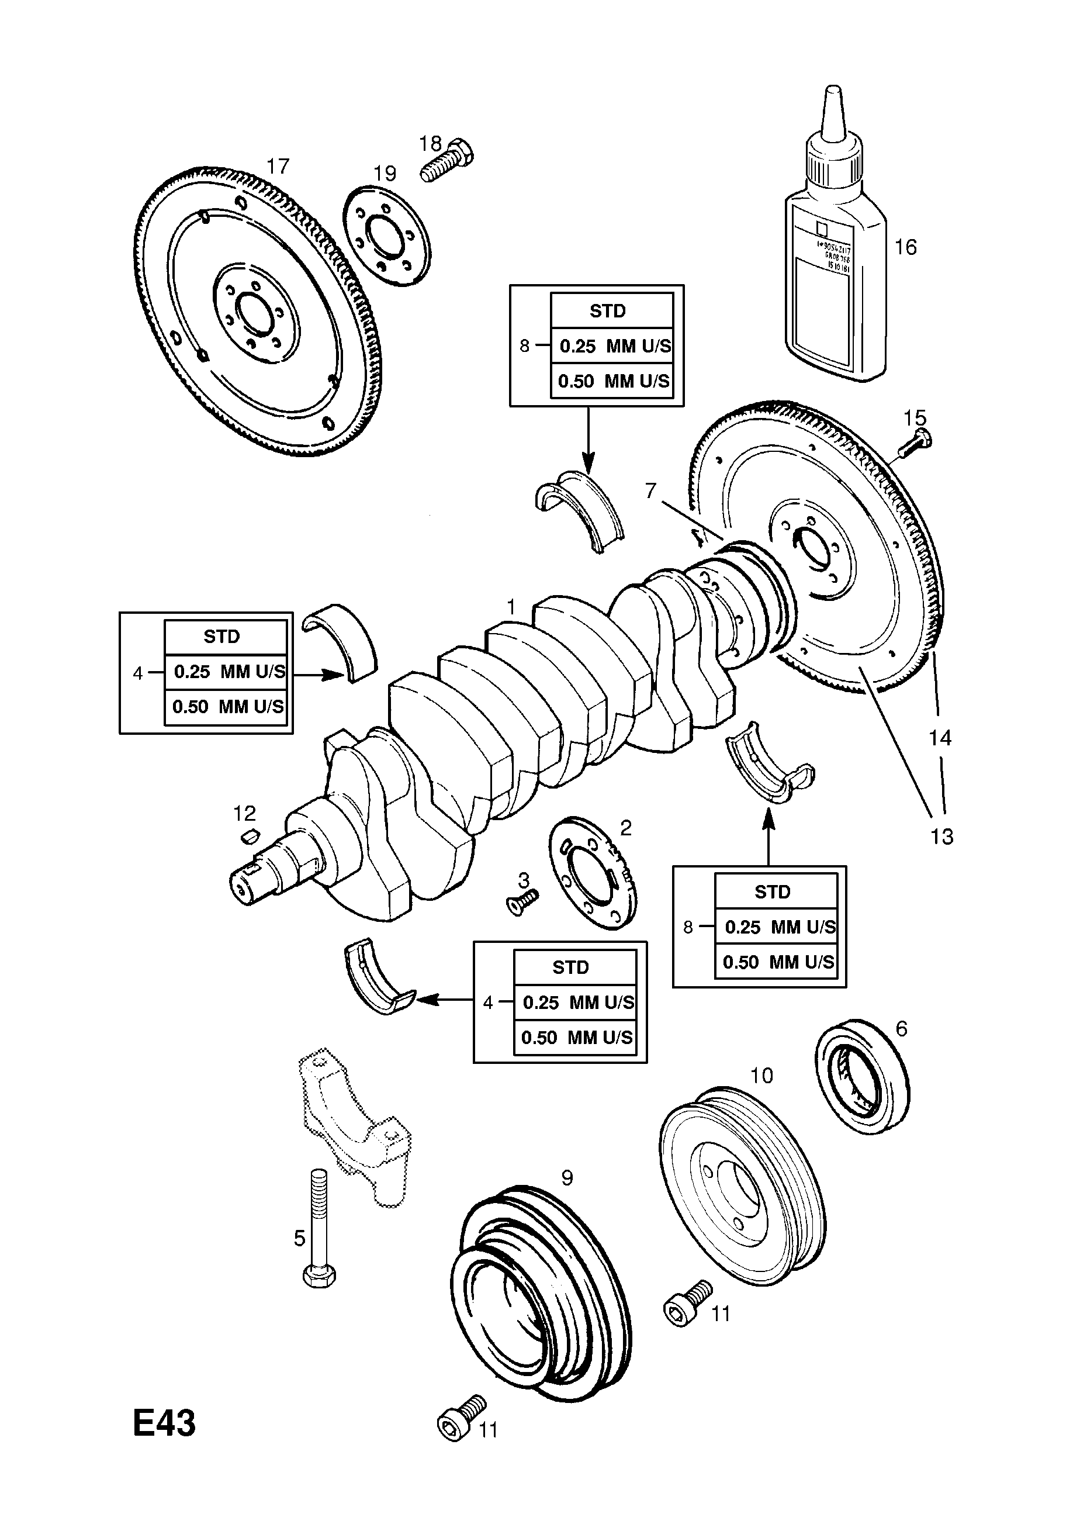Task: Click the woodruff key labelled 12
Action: tap(249, 835)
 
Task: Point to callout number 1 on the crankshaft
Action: tap(511, 607)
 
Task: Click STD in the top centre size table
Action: tap(607, 311)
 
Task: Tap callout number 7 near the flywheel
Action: tap(650, 491)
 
